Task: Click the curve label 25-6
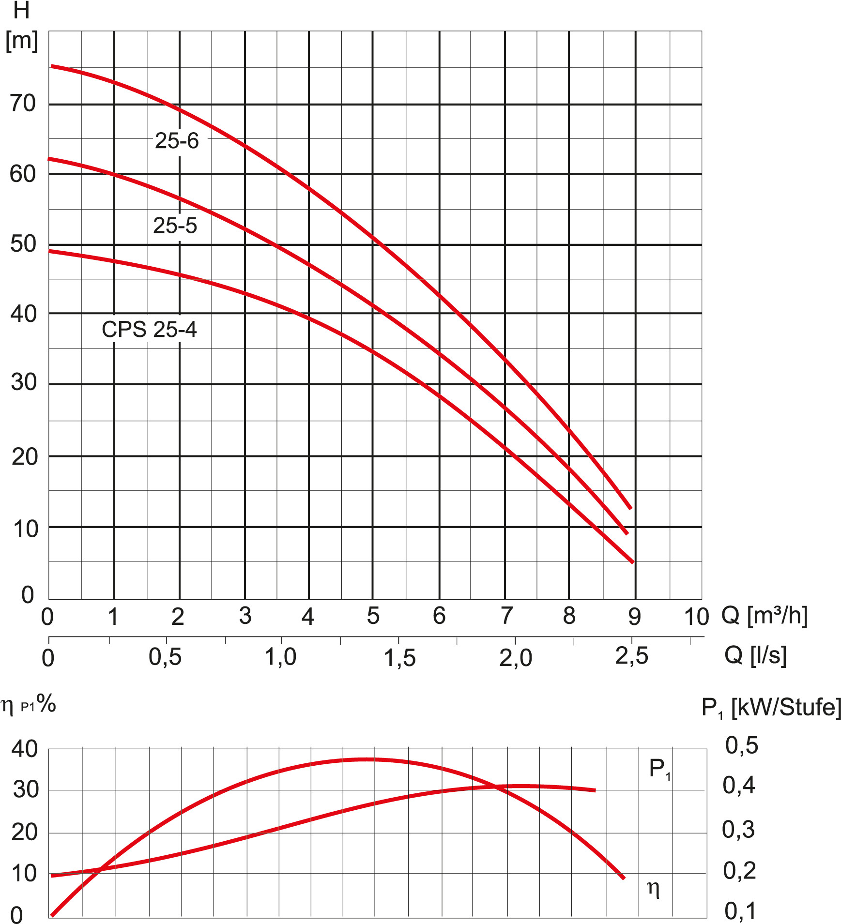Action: [x=177, y=141]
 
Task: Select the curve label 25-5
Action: [x=175, y=226]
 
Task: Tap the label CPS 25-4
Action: [x=149, y=330]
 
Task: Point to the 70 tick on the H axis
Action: [x=23, y=104]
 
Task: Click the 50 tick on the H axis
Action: [x=23, y=244]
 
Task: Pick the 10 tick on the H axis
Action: [x=26, y=529]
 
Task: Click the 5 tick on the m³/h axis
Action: [x=373, y=616]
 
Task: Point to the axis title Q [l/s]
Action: [x=755, y=655]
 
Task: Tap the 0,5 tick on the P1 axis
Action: [x=741, y=746]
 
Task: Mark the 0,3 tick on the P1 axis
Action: [x=738, y=830]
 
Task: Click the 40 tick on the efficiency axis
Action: [x=25, y=749]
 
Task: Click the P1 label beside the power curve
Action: [x=659, y=769]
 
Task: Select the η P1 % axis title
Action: [x=28, y=705]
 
